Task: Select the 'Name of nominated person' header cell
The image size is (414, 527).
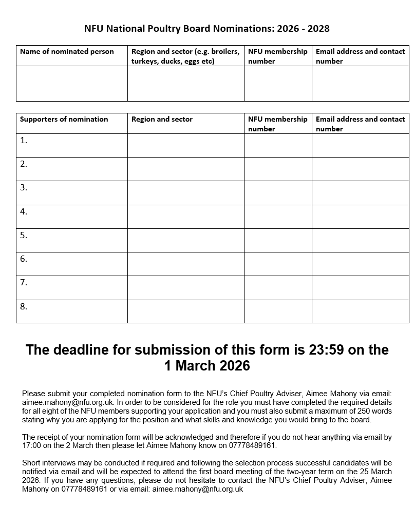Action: pos(67,51)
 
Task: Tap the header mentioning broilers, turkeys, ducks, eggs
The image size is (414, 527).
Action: pos(185,56)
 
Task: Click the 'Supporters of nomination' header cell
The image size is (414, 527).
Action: pos(64,119)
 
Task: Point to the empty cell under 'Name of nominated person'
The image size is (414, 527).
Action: pos(72,83)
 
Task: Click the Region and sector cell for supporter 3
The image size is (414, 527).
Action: pos(185,192)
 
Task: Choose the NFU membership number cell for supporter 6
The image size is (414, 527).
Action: pos(278,264)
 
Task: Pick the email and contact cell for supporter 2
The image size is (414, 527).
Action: pos(360,169)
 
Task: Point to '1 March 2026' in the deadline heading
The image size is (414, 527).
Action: pos(207,366)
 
